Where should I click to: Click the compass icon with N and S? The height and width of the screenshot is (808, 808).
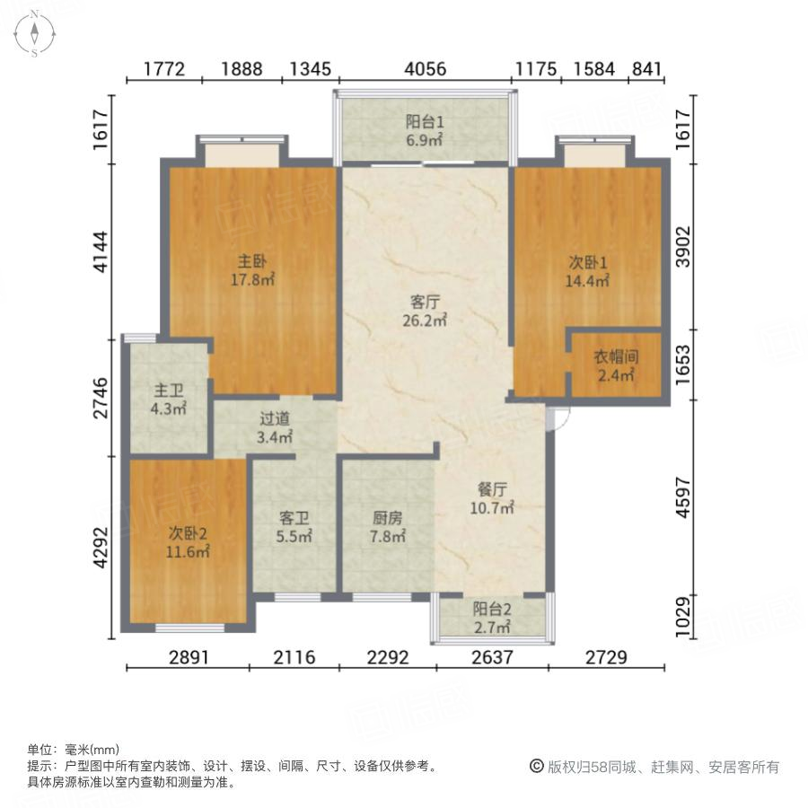(x=34, y=33)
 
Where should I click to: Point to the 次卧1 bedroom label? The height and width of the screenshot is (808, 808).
(x=588, y=262)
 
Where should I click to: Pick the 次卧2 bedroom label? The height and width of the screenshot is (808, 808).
(x=189, y=533)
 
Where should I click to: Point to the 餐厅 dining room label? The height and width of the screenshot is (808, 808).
(x=493, y=490)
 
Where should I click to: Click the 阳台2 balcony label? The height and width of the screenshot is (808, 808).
(x=492, y=608)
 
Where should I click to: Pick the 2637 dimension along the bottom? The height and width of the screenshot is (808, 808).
(x=491, y=657)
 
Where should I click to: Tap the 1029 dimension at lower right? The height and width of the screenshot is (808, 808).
(x=685, y=618)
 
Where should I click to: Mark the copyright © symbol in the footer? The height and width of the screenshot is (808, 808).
(x=536, y=767)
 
